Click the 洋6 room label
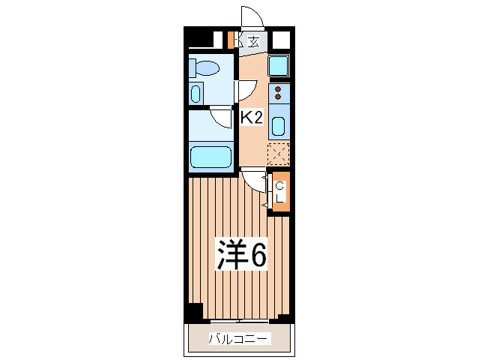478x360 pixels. [x=241, y=256]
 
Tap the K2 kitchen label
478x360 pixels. [x=251, y=117]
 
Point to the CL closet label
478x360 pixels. [x=280, y=192]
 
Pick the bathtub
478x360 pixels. [x=211, y=157]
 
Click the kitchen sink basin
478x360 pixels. [x=278, y=124]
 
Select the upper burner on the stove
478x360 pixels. [x=278, y=89]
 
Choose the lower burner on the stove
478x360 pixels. [x=278, y=98]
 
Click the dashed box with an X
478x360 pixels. [x=278, y=154]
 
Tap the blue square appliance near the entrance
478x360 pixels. [x=279, y=66]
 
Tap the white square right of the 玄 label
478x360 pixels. [x=280, y=40]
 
